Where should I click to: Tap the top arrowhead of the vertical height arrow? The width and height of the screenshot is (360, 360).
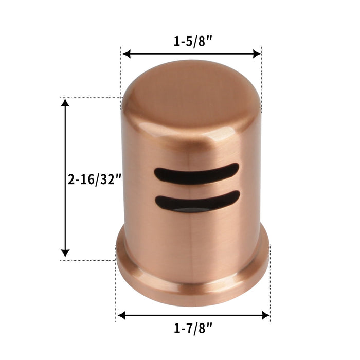click(65, 103)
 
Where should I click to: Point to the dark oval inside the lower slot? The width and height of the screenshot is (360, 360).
click(190, 209)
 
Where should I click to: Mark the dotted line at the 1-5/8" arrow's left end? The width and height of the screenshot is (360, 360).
click(121, 77)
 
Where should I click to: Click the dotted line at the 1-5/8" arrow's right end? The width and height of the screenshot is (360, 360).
click(261, 77)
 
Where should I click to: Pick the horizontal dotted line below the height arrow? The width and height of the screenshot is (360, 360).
click(87, 260)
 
